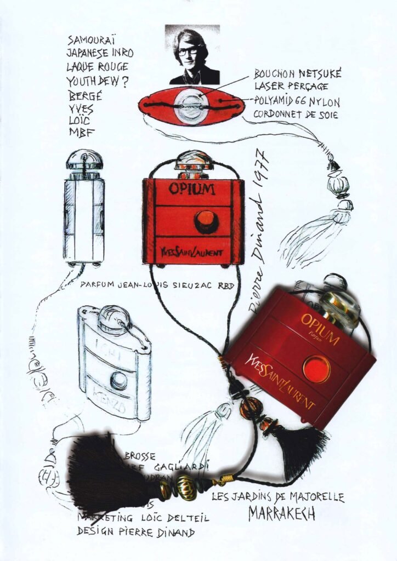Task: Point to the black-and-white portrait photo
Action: (x=192, y=54)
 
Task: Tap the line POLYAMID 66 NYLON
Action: (x=297, y=101)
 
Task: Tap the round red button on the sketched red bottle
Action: (x=206, y=221)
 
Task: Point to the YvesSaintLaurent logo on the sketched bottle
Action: (x=190, y=254)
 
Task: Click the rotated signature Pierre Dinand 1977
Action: (x=259, y=230)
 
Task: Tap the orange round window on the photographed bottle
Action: (x=316, y=369)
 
